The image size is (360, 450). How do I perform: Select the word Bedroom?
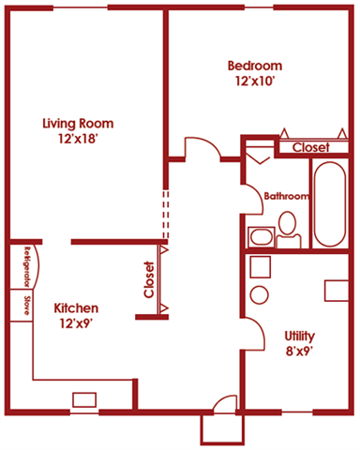point(254,66)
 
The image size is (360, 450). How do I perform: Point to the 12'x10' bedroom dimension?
point(254,82)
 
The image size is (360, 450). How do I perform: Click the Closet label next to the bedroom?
point(310,147)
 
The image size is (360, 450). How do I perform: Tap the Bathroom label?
point(286,197)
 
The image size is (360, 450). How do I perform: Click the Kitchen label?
point(76,308)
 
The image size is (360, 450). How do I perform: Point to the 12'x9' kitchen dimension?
point(76,324)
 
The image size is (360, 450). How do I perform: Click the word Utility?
point(300,336)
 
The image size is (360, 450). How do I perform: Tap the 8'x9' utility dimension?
point(300,352)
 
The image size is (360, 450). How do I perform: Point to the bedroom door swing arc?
point(200,147)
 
